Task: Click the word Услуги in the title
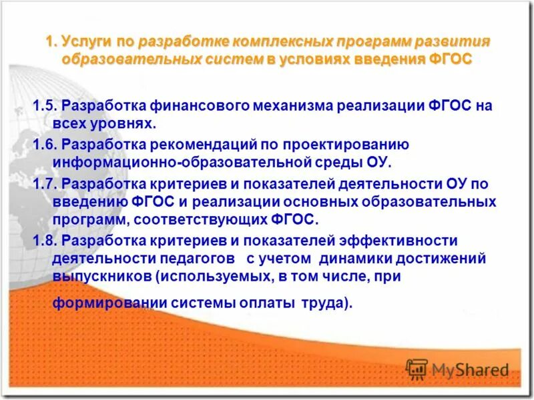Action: (x=87, y=41)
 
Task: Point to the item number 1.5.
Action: (x=47, y=106)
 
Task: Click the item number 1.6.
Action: (x=47, y=144)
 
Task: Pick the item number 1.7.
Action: (x=47, y=183)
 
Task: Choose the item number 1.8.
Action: (x=47, y=240)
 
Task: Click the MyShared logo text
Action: (x=470, y=369)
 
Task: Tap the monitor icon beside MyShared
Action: (x=417, y=369)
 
